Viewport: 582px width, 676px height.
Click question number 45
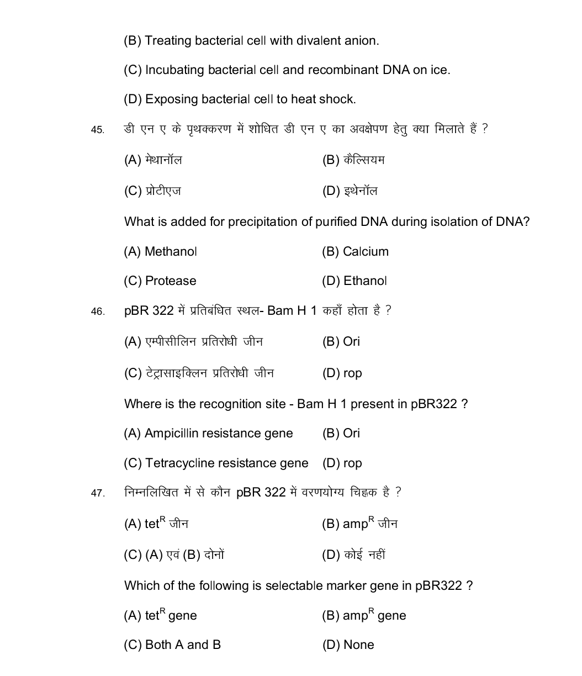[x=97, y=130]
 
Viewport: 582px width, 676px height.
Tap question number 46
[x=97, y=312]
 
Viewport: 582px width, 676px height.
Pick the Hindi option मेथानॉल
[x=163, y=161]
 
